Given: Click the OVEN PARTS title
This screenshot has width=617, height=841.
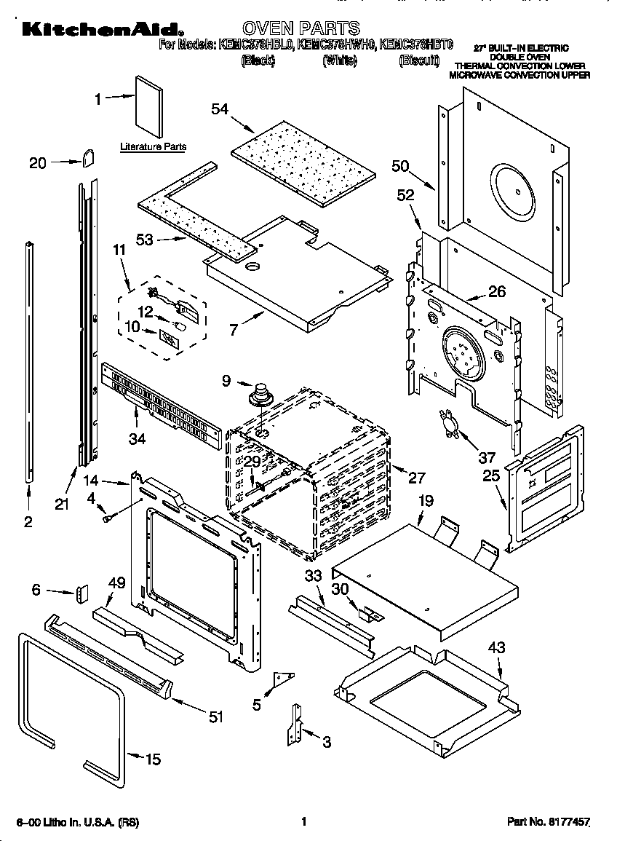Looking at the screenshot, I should (300, 28).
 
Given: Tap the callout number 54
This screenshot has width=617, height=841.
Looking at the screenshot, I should (219, 109).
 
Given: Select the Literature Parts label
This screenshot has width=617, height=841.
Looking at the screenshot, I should (153, 146).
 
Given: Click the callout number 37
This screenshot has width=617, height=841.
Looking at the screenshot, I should (486, 457).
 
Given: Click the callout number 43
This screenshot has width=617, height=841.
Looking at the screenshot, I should (497, 647).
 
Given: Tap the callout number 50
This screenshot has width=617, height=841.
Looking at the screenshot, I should (399, 166).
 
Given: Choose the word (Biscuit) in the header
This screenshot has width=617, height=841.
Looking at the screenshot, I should (419, 61).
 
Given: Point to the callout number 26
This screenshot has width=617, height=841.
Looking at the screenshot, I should (496, 291).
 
